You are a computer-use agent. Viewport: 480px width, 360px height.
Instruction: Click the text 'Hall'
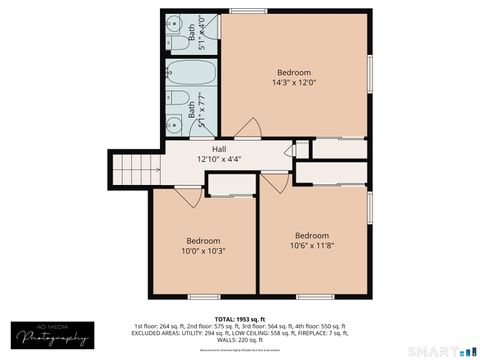click(x=219, y=148)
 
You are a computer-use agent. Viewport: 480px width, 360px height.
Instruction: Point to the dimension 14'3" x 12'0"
click(x=294, y=84)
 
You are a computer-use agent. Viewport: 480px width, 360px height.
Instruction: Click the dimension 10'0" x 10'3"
click(x=205, y=251)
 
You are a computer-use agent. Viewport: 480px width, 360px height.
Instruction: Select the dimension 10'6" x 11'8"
click(x=312, y=246)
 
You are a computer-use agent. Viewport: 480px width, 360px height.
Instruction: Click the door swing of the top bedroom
click(x=252, y=129)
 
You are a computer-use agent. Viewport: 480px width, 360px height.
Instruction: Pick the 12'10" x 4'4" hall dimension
click(x=219, y=158)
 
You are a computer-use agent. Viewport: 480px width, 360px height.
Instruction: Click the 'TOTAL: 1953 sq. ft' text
click(x=239, y=317)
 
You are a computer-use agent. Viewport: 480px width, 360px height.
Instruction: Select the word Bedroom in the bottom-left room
click(x=205, y=240)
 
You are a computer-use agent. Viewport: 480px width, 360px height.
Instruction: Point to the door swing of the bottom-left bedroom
click(x=188, y=196)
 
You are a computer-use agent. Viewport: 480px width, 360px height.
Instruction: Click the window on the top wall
click(x=241, y=11)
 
